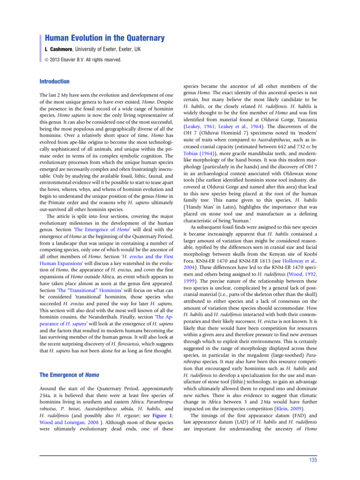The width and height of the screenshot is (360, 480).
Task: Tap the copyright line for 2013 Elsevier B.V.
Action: [x=83, y=60]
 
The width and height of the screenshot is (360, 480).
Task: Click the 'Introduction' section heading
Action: [x=54, y=82]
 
